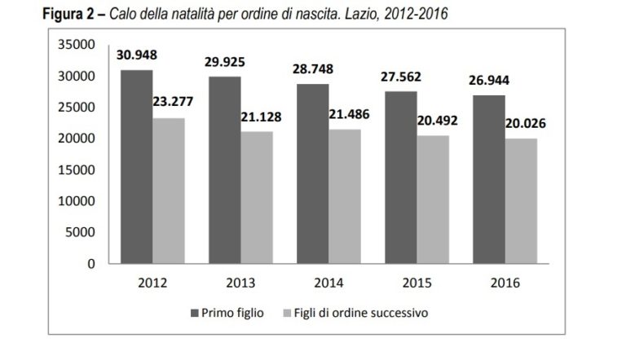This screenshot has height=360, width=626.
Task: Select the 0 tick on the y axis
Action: (x=90, y=264)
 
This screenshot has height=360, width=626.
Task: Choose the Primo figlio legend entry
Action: (x=231, y=313)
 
